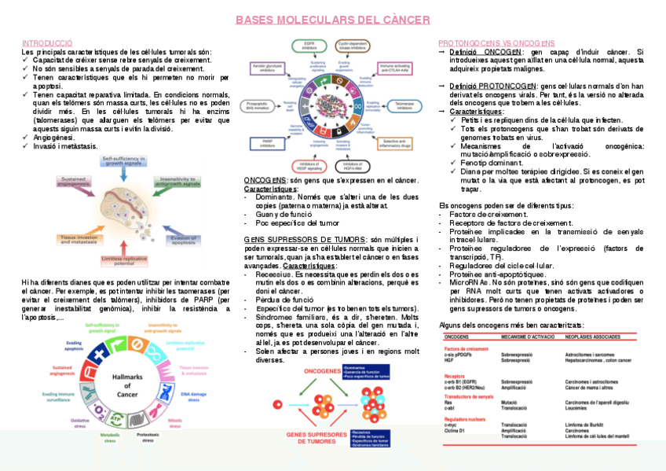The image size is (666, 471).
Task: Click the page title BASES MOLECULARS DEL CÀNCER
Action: point(333,20)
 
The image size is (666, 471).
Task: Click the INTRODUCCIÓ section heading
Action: point(48,42)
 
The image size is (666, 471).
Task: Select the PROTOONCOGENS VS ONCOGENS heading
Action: point(496,42)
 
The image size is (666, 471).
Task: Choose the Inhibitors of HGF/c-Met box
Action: point(357,164)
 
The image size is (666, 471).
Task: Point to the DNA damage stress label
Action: point(194,396)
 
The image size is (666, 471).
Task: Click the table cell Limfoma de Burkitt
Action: point(585,425)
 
